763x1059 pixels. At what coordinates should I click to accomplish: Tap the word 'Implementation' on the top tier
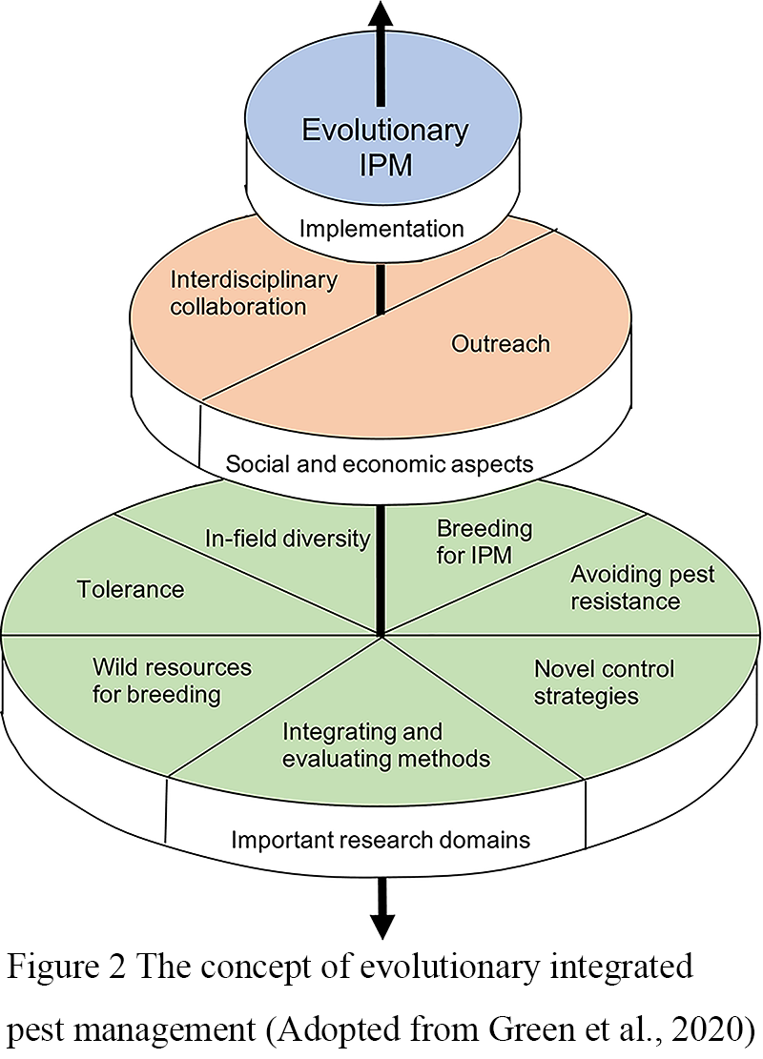[381, 229]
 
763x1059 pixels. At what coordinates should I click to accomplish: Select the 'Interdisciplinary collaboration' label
[240, 294]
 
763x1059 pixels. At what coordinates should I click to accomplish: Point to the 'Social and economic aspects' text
[379, 464]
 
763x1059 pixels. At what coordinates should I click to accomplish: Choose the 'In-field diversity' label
[287, 539]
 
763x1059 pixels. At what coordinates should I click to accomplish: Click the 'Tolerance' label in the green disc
[130, 589]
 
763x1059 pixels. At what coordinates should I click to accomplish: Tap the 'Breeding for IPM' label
[484, 541]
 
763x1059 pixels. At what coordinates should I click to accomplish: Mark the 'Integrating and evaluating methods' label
[386, 745]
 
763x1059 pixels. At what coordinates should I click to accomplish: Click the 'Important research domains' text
[381, 841]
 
